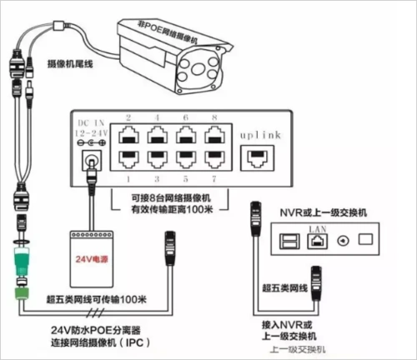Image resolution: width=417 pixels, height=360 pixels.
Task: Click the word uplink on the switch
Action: tap(257, 133)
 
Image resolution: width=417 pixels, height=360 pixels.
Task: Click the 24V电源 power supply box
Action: tap(89, 255)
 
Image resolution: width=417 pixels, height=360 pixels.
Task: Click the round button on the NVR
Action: tap(342, 242)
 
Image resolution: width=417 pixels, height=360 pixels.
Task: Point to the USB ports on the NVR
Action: tap(288, 242)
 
